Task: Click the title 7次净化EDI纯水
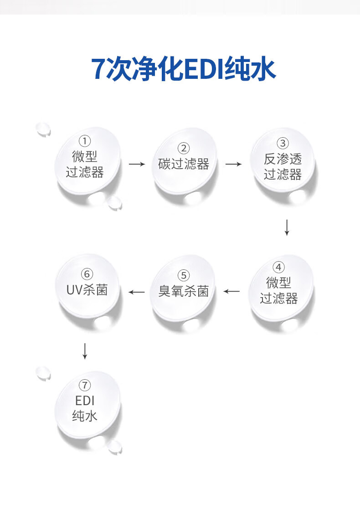183,69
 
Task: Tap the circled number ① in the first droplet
85,141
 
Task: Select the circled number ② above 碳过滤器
184,149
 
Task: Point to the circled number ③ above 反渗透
283,144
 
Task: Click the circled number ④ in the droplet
278,268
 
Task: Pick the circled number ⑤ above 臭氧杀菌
184,276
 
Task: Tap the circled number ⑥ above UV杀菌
87,274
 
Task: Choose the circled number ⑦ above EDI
85,385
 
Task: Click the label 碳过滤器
184,164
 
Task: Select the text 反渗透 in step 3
283,159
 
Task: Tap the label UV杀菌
87,290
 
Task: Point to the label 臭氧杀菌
184,291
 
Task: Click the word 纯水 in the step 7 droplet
85,416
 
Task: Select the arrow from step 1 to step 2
137,164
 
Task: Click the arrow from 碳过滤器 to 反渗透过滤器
233,164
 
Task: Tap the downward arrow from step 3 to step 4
287,227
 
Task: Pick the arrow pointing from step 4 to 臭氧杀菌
231,291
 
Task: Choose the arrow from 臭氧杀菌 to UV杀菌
137,292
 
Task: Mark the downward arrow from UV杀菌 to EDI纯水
85,351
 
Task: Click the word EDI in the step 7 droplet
85,401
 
